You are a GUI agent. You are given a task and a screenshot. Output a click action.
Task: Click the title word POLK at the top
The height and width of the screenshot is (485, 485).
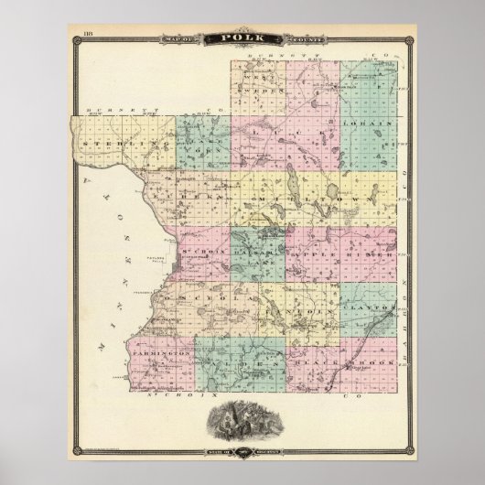coord(242,38)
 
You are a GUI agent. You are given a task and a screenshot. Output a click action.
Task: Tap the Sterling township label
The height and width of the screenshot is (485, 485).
coord(111,144)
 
